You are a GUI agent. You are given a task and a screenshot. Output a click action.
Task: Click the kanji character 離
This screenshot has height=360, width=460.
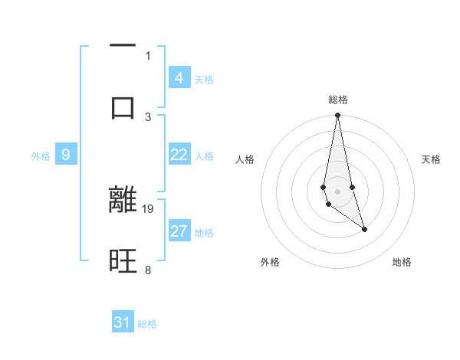pos(123,200)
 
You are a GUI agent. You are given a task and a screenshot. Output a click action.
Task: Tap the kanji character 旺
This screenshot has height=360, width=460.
pos(123,263)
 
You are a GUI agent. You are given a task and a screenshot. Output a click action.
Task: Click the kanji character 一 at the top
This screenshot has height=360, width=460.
pos(123,47)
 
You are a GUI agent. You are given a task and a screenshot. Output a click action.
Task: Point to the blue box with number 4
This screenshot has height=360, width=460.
pos(179,77)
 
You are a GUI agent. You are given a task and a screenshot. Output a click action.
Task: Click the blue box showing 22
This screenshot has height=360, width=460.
pos(179,155)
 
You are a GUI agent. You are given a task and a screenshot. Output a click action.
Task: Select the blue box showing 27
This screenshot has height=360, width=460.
pos(179,231)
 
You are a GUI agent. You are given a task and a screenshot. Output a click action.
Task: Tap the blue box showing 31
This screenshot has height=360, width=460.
pos(123,322)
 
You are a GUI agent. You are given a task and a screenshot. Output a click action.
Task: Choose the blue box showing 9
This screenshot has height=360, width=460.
pos(66,155)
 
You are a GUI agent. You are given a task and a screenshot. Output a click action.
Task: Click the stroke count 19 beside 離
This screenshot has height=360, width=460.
pos(149,208)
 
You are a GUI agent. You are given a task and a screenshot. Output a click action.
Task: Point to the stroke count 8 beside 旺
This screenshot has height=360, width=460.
pos(148,270)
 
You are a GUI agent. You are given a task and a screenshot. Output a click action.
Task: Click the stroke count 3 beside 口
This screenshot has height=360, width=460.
pos(148,116)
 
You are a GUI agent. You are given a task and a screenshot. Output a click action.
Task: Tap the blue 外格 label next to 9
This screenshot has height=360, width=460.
pos(41,156)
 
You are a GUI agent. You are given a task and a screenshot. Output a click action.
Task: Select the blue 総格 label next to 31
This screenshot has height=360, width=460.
pos(147,324)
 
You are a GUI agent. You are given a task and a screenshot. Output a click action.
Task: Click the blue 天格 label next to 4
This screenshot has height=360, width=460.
pos(204,80)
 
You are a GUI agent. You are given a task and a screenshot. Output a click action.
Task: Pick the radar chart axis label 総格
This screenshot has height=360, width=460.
pos(338,100)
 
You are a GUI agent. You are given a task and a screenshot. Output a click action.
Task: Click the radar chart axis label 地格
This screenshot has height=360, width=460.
pos(402,262)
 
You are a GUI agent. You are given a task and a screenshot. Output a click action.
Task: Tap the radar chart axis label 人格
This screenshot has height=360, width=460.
pos(245,159)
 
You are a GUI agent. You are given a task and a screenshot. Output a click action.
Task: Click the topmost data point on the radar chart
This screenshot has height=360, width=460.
pos(338,116)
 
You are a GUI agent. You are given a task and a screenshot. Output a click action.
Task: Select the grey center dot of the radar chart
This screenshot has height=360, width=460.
pos(338,191)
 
